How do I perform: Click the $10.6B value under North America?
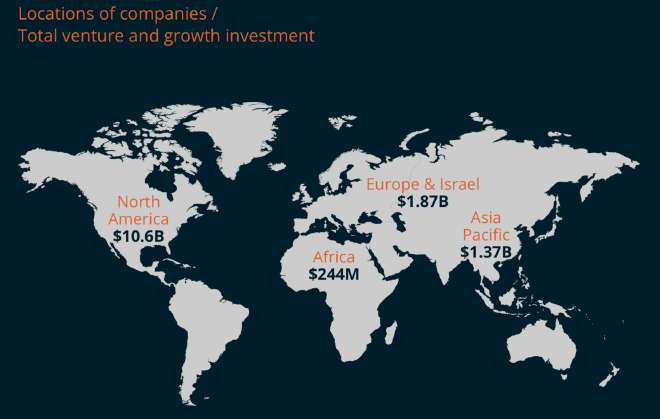[x=138, y=236]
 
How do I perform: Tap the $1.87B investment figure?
[x=422, y=201]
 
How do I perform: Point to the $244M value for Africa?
[x=333, y=273]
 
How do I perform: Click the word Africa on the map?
[x=333, y=257]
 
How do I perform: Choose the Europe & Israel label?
[x=422, y=184]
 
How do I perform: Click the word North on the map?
[x=138, y=201]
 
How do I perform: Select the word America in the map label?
[x=138, y=218]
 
